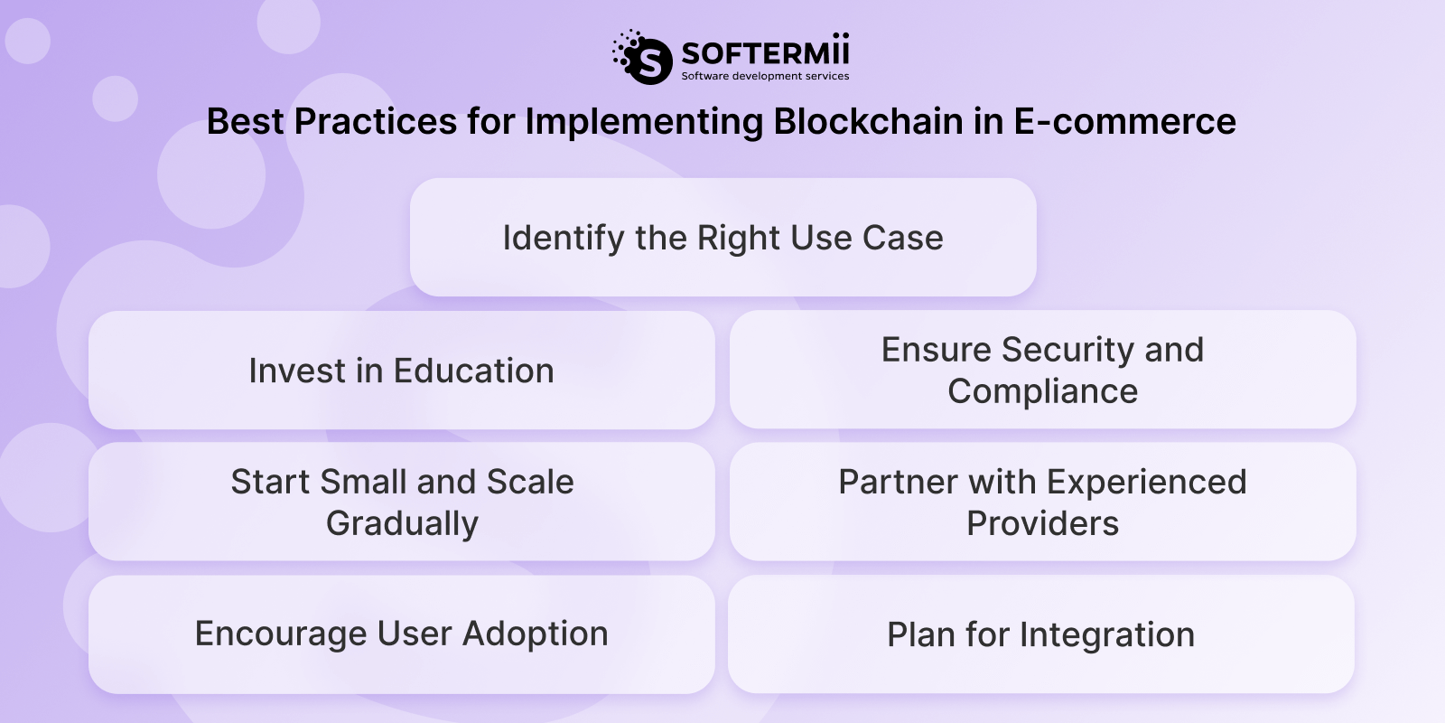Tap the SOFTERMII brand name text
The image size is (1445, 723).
(765, 51)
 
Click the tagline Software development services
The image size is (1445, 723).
(765, 76)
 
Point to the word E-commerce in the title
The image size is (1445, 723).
(1124, 121)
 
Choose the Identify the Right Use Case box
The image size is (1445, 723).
(722, 238)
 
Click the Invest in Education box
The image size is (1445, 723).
(401, 371)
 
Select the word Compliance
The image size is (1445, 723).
(1042, 391)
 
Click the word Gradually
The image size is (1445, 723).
(402, 523)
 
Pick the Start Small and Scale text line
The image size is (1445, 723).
(402, 482)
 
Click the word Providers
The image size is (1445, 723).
(1042, 523)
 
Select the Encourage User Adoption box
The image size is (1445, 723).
(401, 634)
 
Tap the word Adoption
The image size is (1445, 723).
(535, 634)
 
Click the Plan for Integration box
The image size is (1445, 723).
(1040, 634)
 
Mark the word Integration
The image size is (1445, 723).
(1106, 634)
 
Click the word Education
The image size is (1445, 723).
(473, 371)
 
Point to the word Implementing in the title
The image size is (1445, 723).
(644, 121)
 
